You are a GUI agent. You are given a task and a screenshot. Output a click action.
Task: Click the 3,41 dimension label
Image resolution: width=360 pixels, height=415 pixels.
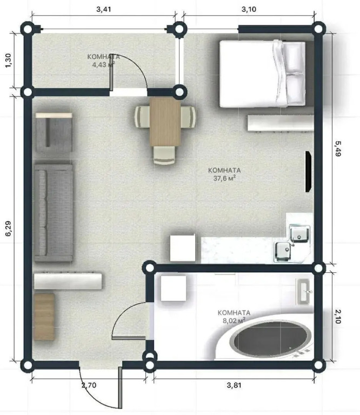[103, 10]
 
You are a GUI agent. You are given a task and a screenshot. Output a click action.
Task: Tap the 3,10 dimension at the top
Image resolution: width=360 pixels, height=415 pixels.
[249, 10]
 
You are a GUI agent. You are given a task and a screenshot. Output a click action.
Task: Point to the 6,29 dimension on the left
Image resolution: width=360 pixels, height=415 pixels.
[8, 229]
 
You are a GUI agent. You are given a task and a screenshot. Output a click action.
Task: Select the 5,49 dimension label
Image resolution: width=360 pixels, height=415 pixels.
[338, 149]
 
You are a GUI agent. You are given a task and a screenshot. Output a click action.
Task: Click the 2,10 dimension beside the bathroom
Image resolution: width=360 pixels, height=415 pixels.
[338, 317]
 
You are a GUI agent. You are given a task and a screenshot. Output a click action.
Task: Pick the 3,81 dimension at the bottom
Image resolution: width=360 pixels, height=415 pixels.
[234, 385]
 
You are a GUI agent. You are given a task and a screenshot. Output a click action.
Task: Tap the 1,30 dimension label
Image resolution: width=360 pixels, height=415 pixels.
[8, 61]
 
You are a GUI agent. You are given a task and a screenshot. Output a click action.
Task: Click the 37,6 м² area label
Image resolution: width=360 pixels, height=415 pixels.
[224, 178]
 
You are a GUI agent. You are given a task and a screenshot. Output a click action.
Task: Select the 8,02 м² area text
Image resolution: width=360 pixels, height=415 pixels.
[234, 321]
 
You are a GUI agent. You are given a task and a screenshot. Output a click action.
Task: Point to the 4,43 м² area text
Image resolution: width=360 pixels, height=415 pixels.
[103, 64]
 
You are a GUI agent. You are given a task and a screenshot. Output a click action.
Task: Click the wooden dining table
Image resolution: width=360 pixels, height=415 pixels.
[165, 122]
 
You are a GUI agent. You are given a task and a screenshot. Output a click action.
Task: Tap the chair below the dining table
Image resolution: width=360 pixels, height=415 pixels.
[164, 155]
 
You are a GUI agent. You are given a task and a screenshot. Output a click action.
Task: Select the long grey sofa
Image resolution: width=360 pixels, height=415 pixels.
[54, 213]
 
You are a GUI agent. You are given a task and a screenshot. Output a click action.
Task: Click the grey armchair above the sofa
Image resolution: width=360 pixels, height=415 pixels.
[54, 132]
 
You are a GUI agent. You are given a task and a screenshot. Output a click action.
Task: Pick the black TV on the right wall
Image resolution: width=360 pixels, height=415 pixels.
[308, 171]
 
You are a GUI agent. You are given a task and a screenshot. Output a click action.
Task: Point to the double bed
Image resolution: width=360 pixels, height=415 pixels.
[263, 73]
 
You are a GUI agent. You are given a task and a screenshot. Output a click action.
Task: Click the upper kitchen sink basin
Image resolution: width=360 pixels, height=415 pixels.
[299, 233]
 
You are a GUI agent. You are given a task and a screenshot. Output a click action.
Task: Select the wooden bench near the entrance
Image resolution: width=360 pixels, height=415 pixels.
[44, 317]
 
